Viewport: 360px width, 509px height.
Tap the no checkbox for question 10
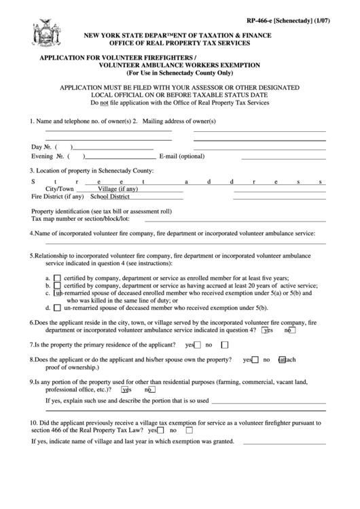[x=188, y=430]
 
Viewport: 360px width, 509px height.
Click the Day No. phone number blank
[x=113, y=147]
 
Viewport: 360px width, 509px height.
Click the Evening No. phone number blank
[x=113, y=156]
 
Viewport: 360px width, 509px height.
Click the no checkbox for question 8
[x=268, y=360]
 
